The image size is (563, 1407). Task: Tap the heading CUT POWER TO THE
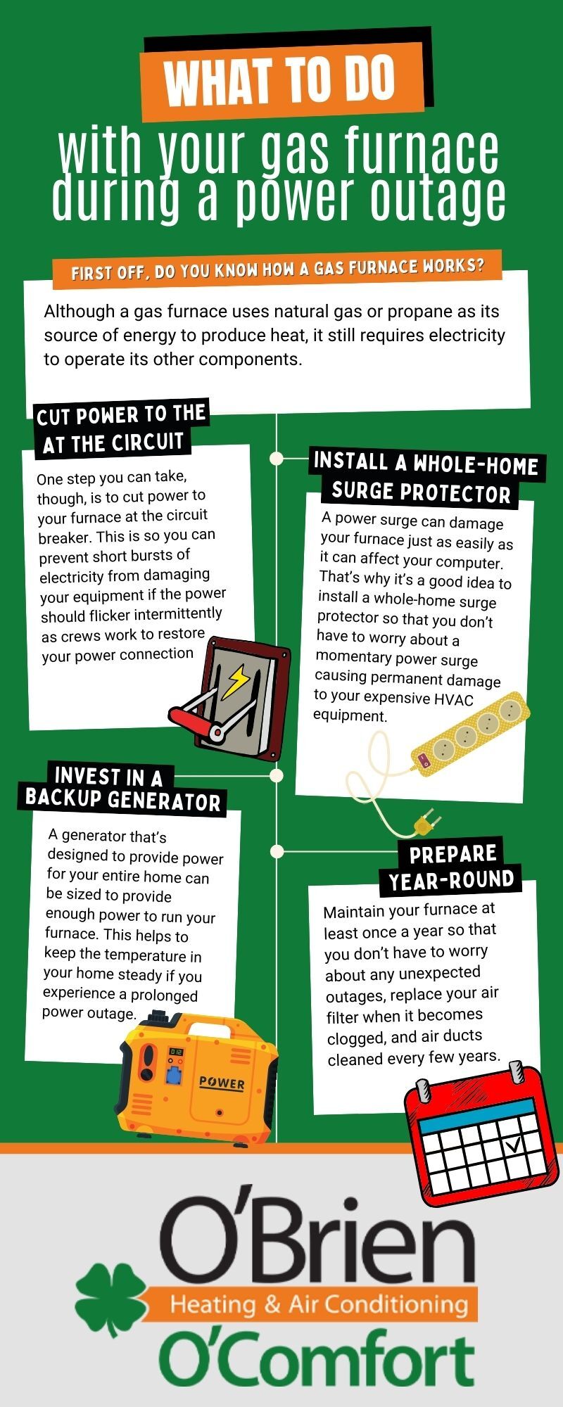(x=121, y=414)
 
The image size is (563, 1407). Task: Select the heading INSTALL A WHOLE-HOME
(x=426, y=464)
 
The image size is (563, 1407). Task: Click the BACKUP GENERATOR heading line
(x=122, y=800)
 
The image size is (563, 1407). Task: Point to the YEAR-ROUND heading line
(x=451, y=879)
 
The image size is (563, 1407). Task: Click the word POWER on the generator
(x=222, y=1083)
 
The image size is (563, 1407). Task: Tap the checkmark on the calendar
(x=514, y=1145)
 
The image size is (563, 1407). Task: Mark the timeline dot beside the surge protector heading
(x=277, y=459)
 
